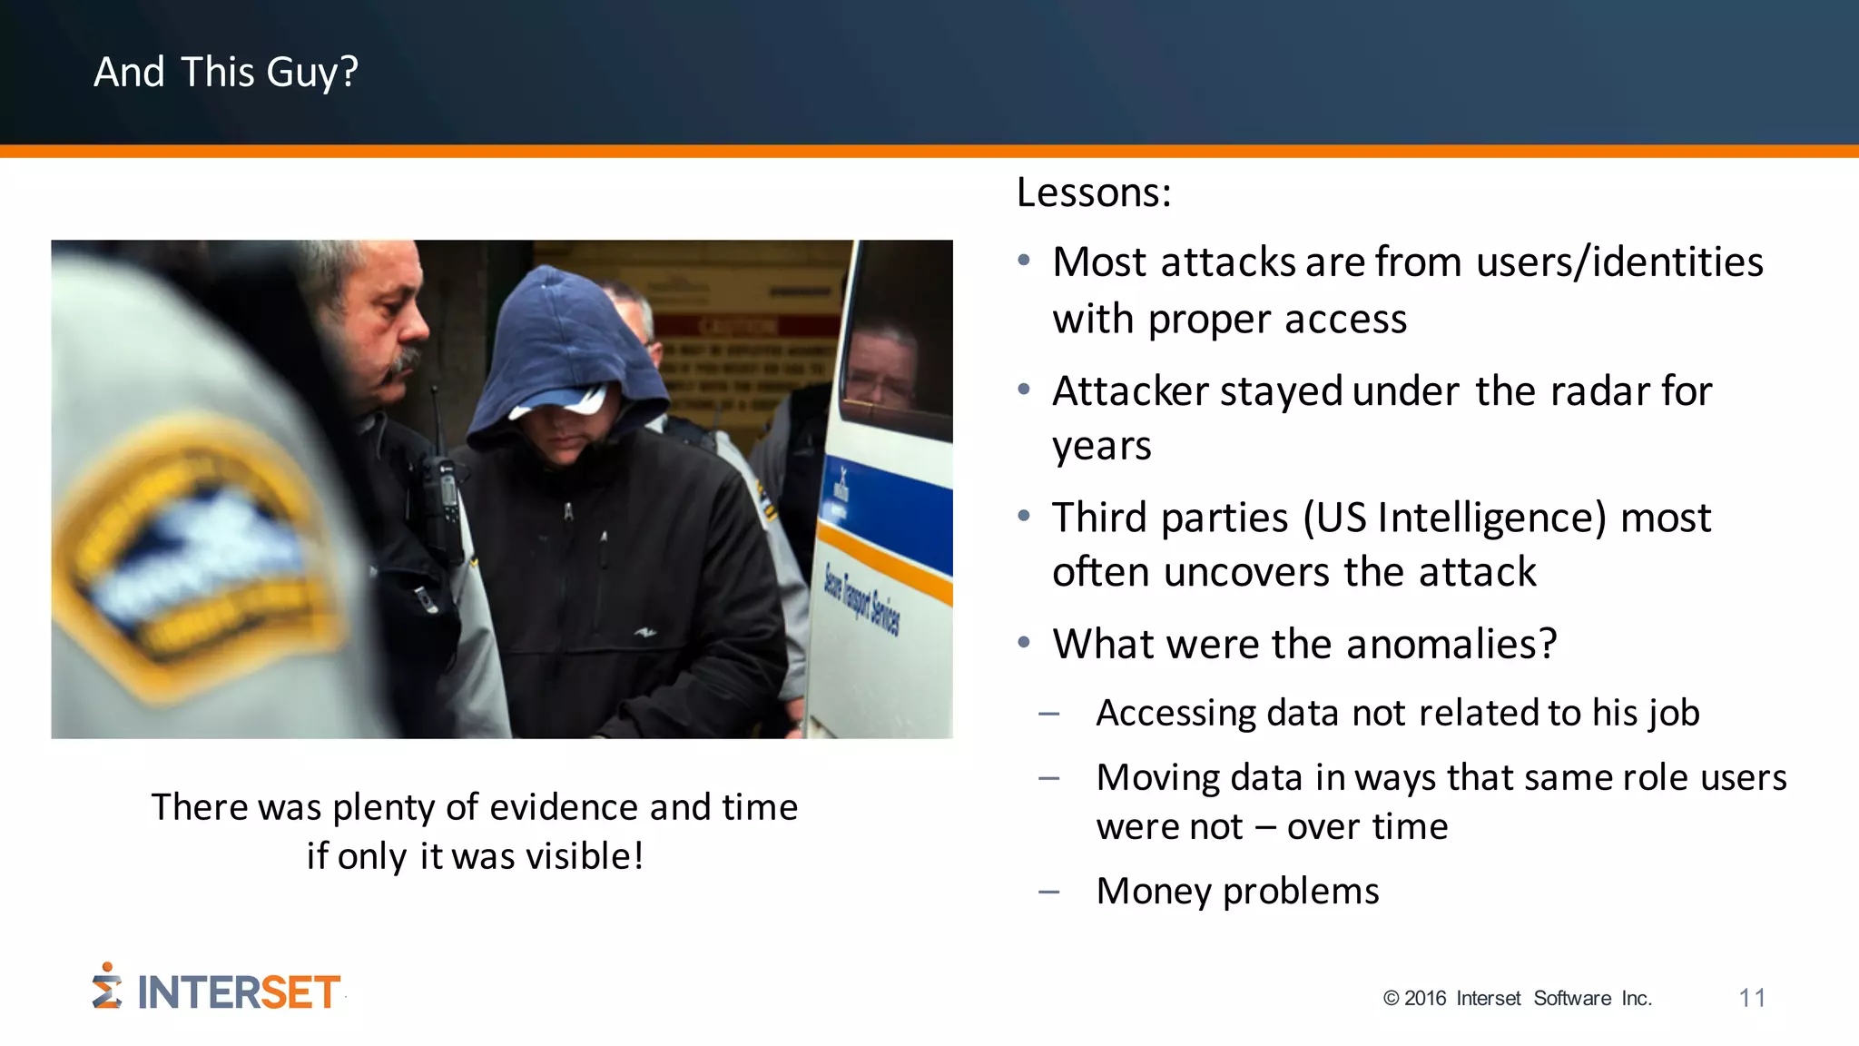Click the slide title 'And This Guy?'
(226, 72)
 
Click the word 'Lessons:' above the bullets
(1094, 192)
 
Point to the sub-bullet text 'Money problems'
(1237, 891)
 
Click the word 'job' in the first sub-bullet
(1675, 713)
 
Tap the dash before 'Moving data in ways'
(1049, 779)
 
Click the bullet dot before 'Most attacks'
(1024, 261)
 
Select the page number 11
(1752, 998)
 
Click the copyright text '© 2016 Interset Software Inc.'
(1517, 998)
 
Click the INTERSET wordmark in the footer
(239, 992)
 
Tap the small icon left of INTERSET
(106, 986)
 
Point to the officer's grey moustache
(405, 361)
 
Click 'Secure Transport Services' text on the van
(861, 600)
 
